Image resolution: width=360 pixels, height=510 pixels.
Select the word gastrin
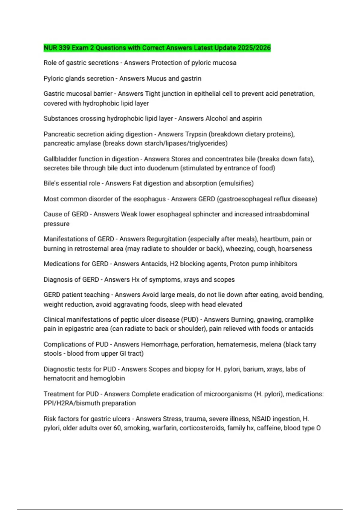click(x=191, y=78)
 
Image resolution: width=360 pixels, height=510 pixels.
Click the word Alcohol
click(x=216, y=118)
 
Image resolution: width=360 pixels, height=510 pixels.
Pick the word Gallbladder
click(x=60, y=159)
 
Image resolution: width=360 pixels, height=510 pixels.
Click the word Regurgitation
click(x=166, y=239)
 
